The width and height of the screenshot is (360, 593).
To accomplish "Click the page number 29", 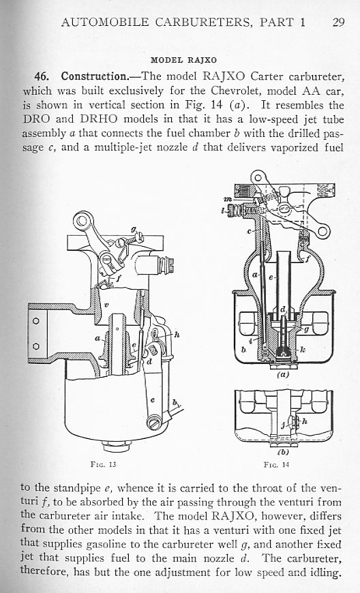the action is (x=338, y=22).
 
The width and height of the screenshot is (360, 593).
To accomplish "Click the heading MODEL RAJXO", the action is (x=184, y=60).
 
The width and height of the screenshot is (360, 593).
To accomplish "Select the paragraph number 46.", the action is (x=42, y=77).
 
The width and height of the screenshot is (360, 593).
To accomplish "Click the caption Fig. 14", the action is (x=276, y=464).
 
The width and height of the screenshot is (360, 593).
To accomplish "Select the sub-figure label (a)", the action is (x=282, y=375).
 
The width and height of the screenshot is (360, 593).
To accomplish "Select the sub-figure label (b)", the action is (x=283, y=451).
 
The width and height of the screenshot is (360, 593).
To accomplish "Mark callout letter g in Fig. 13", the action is (x=133, y=230).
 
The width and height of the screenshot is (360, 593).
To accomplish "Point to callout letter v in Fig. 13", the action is (x=106, y=305).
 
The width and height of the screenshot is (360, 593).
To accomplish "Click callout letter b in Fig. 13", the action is (x=175, y=402).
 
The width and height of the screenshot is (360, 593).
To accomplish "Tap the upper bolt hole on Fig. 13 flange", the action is (x=36, y=321).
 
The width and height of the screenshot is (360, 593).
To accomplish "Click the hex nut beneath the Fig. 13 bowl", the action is (x=117, y=446).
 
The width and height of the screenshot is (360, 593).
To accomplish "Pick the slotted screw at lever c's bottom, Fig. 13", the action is (x=154, y=423).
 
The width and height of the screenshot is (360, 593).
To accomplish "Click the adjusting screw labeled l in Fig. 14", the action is (x=237, y=210).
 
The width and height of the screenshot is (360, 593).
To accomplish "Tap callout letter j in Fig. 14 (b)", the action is (x=283, y=425).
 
